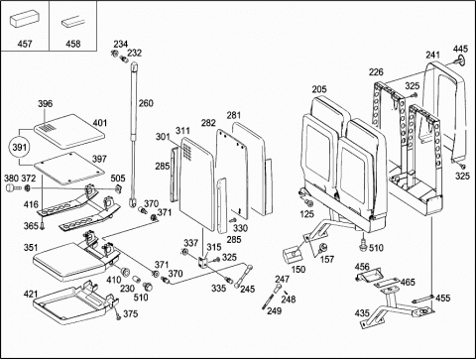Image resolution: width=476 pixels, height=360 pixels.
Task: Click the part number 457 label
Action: pos(25,44)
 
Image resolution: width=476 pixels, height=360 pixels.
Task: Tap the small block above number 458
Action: pos(73,23)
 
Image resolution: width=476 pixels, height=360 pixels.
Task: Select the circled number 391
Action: pos(19,147)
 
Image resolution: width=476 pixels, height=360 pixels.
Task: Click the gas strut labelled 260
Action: pos(134,135)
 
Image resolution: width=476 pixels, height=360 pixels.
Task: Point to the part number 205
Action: pos(319,89)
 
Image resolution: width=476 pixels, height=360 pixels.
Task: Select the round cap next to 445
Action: pos(459,60)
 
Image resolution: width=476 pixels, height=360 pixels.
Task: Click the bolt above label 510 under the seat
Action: pos(363,244)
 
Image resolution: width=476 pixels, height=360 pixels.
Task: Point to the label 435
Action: pos(362,312)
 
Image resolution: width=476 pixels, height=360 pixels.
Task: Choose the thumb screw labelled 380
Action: pos(12,188)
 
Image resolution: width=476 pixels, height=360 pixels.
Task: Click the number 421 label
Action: pos(31,294)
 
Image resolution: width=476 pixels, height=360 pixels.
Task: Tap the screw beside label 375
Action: pos(117,313)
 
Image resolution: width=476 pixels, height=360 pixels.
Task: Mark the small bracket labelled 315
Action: pos(202,262)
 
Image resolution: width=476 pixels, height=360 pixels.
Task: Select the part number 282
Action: pos(208,123)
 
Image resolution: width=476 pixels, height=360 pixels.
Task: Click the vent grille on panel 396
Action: pos(47,129)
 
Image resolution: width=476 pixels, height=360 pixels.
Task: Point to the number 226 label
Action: pos(376,71)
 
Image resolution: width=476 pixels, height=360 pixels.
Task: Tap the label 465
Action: pos(408,283)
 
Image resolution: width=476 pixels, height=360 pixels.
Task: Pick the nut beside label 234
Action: pos(115,53)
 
